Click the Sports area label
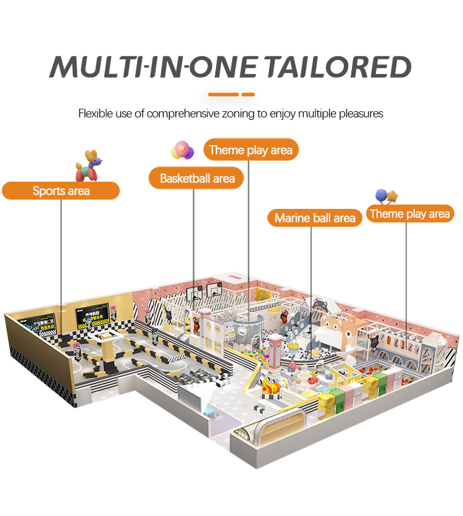click(60, 191)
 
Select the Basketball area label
click(197, 179)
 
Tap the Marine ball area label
click(315, 218)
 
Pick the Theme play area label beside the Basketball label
click(251, 150)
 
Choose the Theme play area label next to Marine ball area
click(409, 214)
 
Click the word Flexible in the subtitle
click(97, 114)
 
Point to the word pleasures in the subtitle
click(359, 114)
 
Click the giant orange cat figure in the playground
click(336, 328)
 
